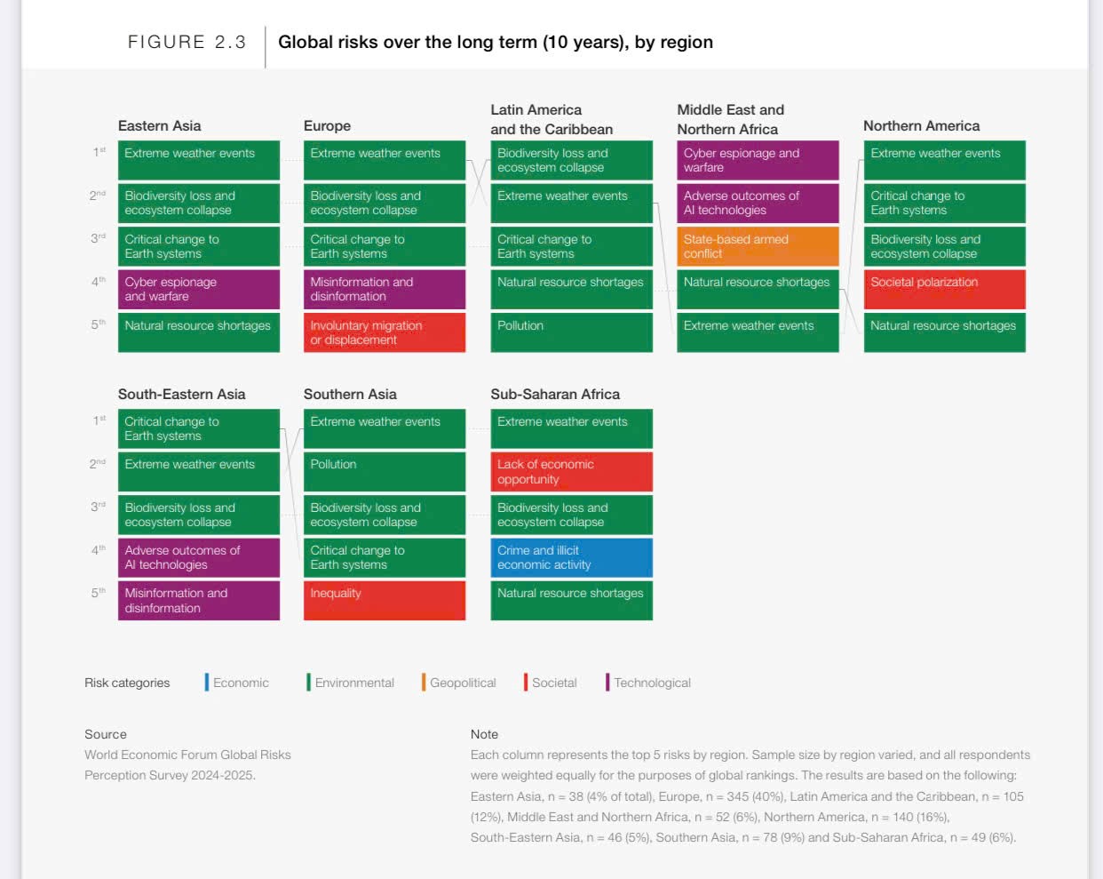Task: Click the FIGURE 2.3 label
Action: [x=186, y=42]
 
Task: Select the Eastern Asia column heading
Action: [x=160, y=126]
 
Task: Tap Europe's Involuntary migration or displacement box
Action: [x=384, y=332]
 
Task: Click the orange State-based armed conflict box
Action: [x=757, y=246]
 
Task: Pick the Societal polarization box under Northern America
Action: [x=944, y=289]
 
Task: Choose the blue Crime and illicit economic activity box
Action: [x=571, y=557]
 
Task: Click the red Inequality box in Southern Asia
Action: [x=384, y=600]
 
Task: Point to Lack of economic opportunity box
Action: [x=571, y=471]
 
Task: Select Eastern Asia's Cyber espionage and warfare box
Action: [x=198, y=289]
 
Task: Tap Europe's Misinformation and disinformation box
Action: [x=384, y=289]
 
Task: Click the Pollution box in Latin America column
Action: [x=571, y=332]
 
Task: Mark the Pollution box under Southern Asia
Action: [x=384, y=471]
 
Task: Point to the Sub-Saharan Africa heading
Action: [x=555, y=395]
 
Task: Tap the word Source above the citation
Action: [x=106, y=734]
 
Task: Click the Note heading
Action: [x=484, y=734]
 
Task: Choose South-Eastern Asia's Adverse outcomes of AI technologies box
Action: [x=198, y=557]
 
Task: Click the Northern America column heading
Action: [x=921, y=126]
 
